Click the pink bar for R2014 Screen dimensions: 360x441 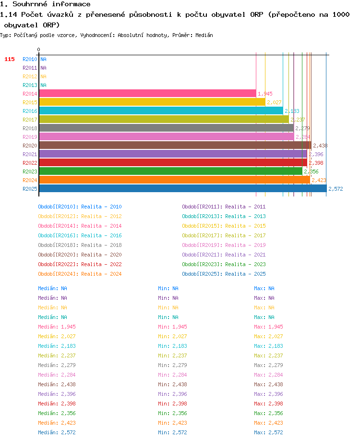tap(147, 93)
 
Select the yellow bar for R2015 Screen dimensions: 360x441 tap(152, 102)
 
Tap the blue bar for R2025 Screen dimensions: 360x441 tap(183, 188)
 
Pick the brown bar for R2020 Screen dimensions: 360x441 tap(175, 146)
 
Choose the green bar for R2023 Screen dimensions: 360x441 tap(170, 171)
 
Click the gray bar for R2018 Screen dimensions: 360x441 tap(167, 128)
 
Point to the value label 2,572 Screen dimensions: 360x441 tap(336, 189)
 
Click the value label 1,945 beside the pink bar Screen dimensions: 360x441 tap(265, 94)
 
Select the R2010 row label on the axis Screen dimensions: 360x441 tap(30, 59)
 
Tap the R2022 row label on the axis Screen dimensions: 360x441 tap(30, 163)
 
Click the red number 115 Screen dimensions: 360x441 tap(10, 59)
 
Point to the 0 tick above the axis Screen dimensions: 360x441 tap(38, 49)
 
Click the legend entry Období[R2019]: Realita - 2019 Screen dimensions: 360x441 tap(224, 245)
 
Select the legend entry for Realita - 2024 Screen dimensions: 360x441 tap(80, 274)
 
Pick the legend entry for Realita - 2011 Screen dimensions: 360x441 tap(224, 207)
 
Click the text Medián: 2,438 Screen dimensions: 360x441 tap(57, 384)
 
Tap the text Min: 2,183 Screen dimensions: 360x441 tap(172, 346)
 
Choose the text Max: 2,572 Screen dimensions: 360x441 tap(268, 432)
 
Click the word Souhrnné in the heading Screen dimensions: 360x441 tap(30, 4)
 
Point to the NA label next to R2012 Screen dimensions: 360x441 tap(43, 76)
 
